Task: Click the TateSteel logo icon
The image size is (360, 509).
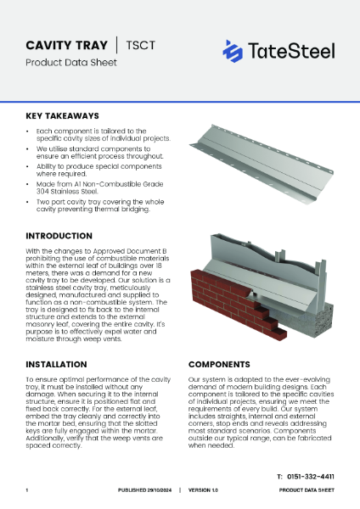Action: coord(233,51)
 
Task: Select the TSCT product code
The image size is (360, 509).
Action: coord(140,45)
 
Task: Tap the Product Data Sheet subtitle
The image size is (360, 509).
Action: coord(63,63)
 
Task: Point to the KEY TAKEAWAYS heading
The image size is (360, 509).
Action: coord(62,115)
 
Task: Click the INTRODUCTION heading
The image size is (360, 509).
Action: coord(59,235)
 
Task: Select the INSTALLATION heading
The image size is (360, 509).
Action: coord(59,363)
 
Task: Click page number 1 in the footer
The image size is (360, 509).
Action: coord(27,490)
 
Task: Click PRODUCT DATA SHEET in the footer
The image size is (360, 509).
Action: coord(307,490)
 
